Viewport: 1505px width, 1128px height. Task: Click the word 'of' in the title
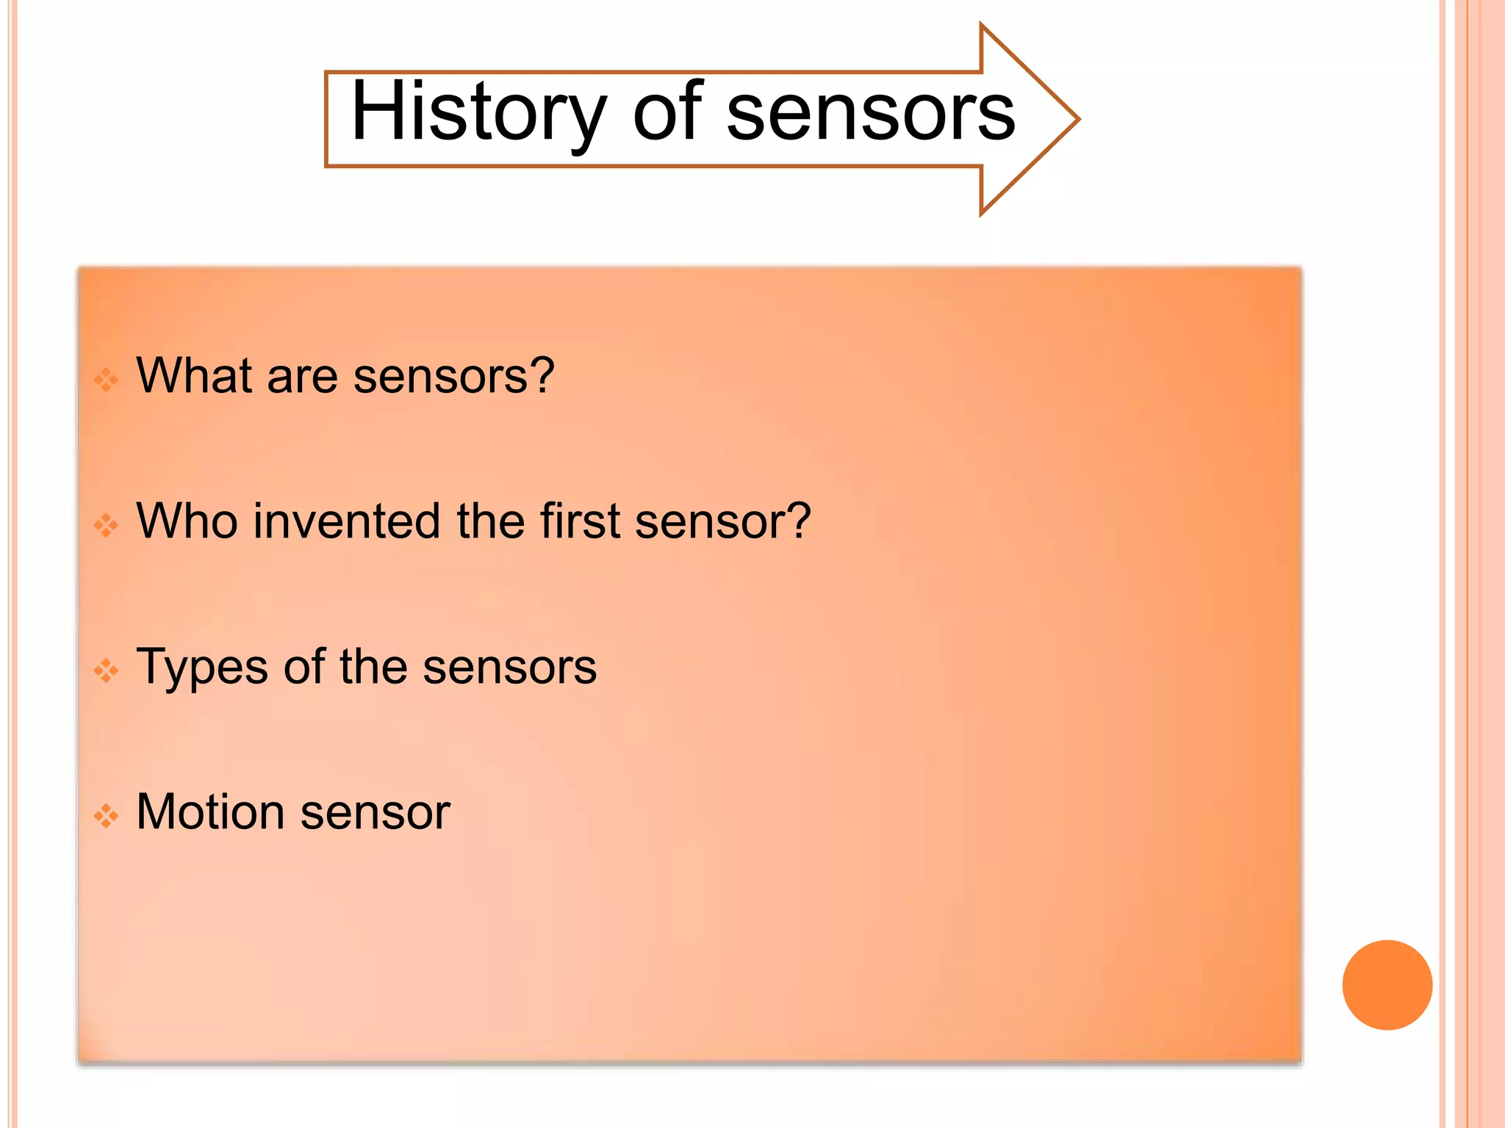(667, 112)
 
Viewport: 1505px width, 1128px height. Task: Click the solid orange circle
(1387, 985)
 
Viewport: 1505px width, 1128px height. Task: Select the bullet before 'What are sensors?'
(106, 380)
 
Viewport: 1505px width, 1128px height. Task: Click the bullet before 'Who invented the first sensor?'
(106, 525)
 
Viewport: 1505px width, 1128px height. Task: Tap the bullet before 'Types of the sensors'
(106, 670)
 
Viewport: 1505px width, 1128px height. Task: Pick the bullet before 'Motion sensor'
(106, 816)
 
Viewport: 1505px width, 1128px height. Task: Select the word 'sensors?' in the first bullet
(453, 377)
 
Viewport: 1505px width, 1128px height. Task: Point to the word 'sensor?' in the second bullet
(723, 522)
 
